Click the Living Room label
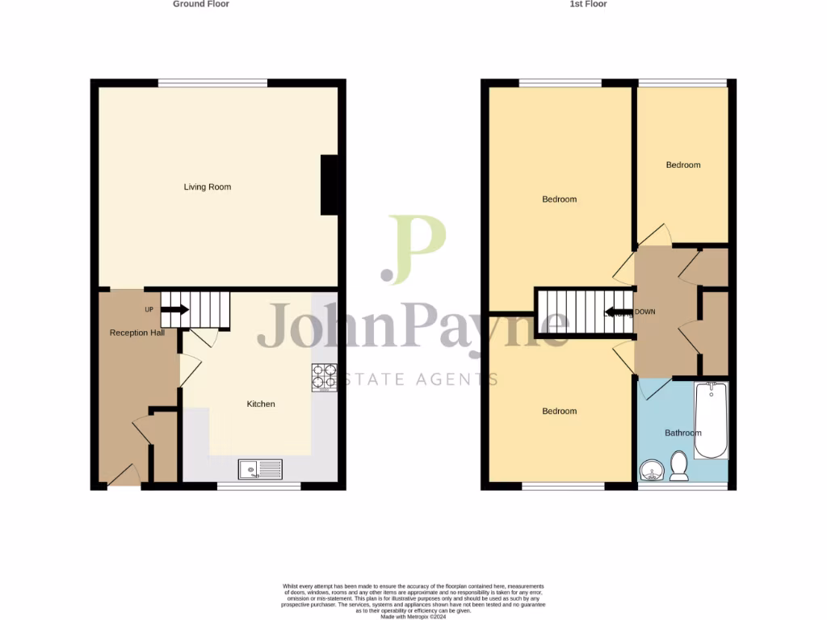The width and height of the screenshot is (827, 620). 208,187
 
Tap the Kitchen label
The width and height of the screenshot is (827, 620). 261,404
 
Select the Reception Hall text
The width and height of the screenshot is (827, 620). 137,333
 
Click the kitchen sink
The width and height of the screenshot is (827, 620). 260,469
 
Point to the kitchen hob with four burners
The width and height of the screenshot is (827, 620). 325,377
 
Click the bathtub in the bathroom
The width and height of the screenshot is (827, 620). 712,420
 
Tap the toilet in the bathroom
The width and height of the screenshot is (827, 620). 678,464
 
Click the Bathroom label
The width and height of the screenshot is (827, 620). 683,434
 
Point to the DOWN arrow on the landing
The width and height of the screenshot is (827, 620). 619,312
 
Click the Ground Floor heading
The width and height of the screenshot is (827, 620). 201,4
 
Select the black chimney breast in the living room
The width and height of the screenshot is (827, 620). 330,185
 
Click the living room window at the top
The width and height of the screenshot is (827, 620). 212,82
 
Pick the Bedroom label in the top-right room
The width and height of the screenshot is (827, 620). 683,165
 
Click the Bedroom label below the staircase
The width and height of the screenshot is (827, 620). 559,412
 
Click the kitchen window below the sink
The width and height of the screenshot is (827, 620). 259,486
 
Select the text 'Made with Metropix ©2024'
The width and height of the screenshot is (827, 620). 413,616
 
